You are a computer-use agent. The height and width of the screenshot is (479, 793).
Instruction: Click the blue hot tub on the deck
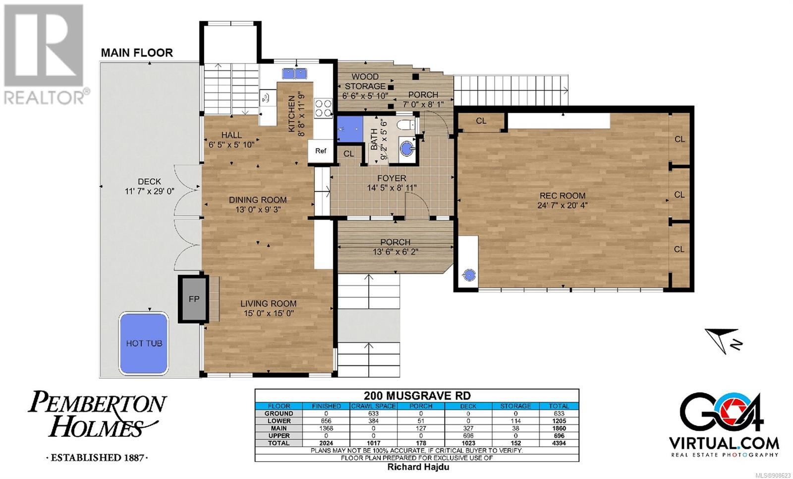tap(143, 343)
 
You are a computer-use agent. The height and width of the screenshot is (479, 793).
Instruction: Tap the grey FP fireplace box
tap(193, 299)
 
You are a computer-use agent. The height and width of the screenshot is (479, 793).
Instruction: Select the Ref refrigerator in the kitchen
tap(321, 151)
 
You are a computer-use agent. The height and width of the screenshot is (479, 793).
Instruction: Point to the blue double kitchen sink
tap(294, 73)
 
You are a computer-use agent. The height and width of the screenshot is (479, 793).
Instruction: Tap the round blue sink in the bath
tap(407, 148)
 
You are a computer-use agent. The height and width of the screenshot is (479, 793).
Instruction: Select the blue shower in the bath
tap(350, 130)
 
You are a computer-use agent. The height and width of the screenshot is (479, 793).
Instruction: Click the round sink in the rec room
tap(469, 275)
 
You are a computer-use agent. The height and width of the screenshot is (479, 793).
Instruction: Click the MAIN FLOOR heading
tap(137, 53)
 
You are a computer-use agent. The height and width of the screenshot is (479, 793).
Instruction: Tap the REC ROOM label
tap(562, 196)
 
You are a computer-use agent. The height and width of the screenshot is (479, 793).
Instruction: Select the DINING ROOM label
tap(258, 200)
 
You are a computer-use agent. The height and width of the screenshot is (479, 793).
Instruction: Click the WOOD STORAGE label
tap(365, 81)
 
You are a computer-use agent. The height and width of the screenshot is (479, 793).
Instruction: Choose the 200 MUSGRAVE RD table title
tap(417, 395)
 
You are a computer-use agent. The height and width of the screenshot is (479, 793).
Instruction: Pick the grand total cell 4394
tap(559, 443)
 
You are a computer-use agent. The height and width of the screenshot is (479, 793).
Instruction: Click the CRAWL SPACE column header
tap(374, 406)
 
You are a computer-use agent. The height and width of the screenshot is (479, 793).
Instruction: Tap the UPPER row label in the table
tap(279, 436)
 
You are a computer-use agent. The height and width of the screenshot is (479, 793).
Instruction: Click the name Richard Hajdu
tap(418, 467)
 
